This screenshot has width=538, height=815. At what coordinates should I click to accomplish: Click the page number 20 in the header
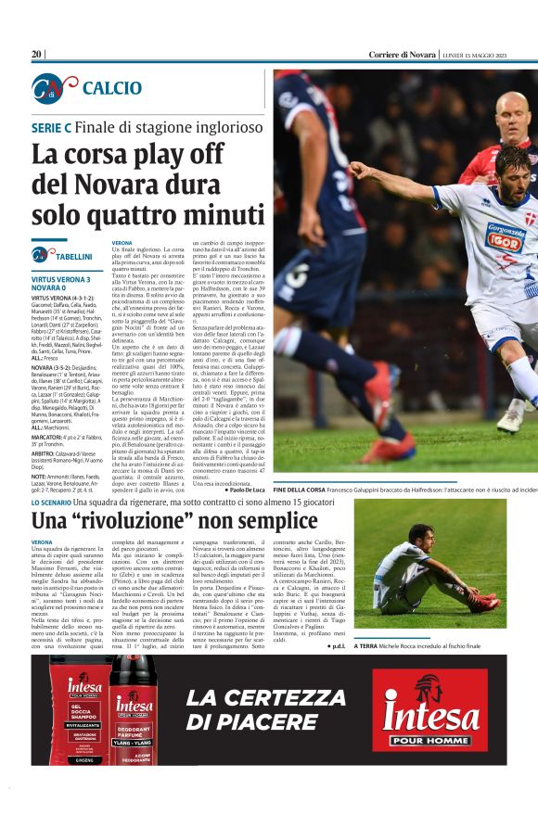tap(37, 55)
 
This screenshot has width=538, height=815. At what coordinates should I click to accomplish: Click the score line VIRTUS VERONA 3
tap(60, 279)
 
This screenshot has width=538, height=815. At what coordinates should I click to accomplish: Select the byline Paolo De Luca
tap(244, 489)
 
